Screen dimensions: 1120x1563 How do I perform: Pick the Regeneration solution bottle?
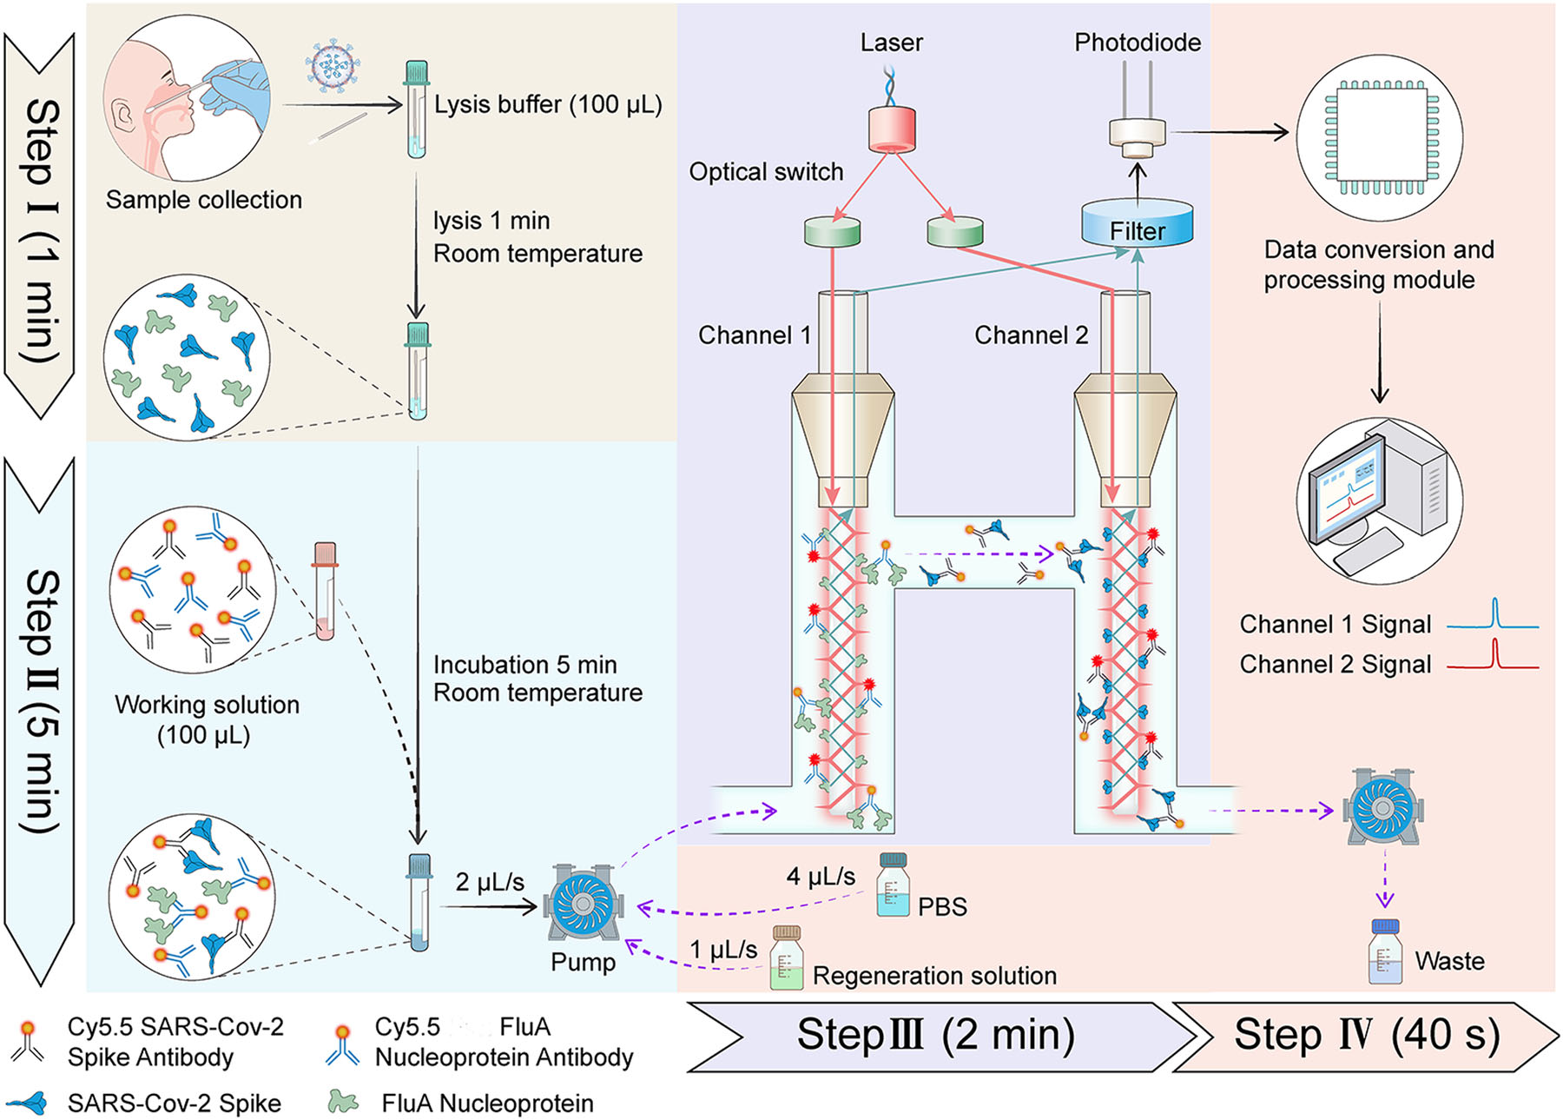(x=787, y=959)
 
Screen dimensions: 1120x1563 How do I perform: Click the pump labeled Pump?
(x=583, y=905)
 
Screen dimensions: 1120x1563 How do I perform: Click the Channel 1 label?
(x=754, y=335)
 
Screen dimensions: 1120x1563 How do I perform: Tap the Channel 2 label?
(x=1031, y=335)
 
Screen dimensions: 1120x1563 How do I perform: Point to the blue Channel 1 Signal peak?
(x=1494, y=613)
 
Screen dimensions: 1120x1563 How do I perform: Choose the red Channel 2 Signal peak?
(x=1494, y=653)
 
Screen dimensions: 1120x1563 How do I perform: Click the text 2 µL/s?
(x=490, y=882)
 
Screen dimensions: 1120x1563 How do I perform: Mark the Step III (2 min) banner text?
(x=935, y=1035)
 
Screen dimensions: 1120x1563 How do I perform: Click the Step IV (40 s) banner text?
(x=1367, y=1035)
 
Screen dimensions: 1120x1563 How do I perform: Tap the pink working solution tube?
(x=326, y=591)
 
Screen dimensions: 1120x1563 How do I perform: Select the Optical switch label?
(x=766, y=172)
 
